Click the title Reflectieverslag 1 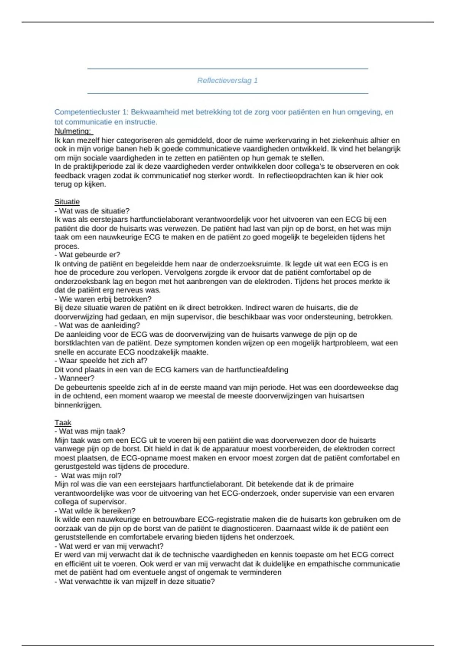click(x=227, y=81)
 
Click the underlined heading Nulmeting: click(x=73, y=131)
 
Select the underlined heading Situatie click(x=67, y=202)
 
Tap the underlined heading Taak click(x=63, y=423)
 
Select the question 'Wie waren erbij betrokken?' click(x=103, y=299)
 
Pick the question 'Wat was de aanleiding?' click(x=97, y=325)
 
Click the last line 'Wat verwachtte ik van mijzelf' click(x=135, y=581)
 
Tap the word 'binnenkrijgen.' click(x=78, y=405)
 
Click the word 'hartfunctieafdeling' click(x=257, y=369)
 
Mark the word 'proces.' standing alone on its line click(x=67, y=246)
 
